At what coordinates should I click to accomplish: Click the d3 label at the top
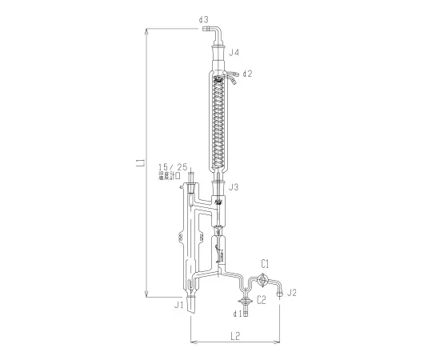pos(203,18)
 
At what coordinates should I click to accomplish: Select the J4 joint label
pos(234,52)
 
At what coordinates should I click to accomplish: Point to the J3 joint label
pos(234,188)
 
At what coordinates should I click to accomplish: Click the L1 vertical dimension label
pos(140,163)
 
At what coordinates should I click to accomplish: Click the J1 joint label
pos(180,304)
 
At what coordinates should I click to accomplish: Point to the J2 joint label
pos(293,294)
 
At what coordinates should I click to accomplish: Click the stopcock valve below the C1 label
pos(265,280)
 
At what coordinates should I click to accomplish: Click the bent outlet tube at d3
pos(216,32)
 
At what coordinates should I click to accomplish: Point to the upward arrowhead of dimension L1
pos(146,32)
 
